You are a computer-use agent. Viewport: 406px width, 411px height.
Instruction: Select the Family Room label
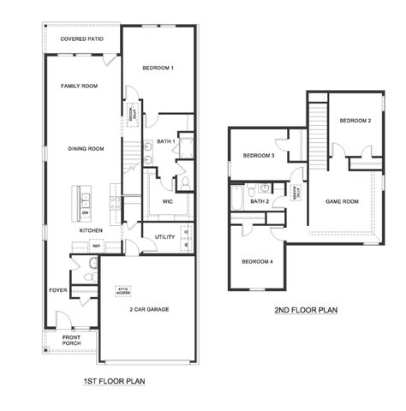(x=79, y=86)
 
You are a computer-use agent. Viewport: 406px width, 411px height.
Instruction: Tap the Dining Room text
(x=86, y=149)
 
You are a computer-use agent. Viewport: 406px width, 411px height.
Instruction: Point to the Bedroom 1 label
(x=158, y=68)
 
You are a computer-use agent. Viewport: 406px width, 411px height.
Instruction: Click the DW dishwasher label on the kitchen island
(x=85, y=212)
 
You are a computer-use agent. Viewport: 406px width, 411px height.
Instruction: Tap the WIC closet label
(x=167, y=202)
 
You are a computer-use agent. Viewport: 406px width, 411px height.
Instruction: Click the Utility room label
(x=165, y=237)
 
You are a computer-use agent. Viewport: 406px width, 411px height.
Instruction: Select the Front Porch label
(x=70, y=342)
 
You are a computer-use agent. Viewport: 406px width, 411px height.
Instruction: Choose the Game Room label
(x=341, y=202)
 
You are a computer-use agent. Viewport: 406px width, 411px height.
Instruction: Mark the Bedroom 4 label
(x=257, y=261)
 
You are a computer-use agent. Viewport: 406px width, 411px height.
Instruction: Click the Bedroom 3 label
(x=258, y=156)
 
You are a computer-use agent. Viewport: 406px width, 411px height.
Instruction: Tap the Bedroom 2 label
(x=355, y=121)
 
